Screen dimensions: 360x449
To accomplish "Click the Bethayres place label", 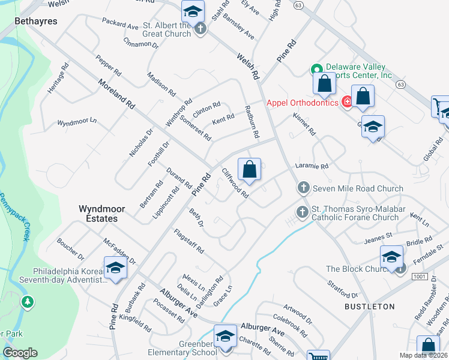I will [x=36, y=21].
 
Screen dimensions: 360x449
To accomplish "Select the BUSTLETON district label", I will [x=369, y=307].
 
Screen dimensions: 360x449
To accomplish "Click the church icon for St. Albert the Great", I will [x=200, y=28].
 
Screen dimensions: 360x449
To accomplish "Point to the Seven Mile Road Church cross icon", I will [x=303, y=188].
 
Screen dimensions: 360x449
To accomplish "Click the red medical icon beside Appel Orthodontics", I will [x=346, y=103].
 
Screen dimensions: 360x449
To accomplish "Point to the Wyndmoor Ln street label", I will [x=77, y=122].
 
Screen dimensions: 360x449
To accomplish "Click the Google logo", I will [x=20, y=353].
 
